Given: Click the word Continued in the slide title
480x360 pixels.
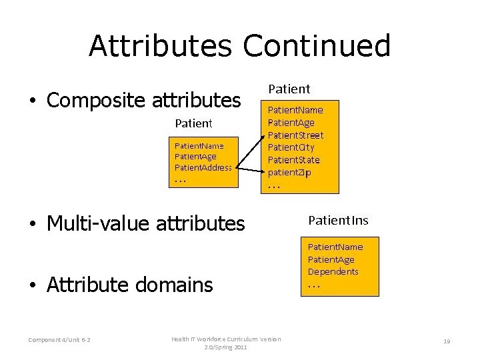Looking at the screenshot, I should [x=317, y=47].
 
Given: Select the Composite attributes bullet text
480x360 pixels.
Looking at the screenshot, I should [x=143, y=100].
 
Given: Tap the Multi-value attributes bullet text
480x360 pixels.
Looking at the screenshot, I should [x=145, y=223].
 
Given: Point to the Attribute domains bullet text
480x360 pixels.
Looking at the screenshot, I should [x=129, y=285].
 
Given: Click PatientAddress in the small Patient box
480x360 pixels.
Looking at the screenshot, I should [x=203, y=167].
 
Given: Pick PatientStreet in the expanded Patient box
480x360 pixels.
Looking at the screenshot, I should [x=295, y=135].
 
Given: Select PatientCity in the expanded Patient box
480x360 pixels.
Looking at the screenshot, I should [x=291, y=147].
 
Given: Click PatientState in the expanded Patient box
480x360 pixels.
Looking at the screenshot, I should [x=293, y=160].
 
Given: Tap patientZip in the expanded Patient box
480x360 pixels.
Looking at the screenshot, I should [x=289, y=172].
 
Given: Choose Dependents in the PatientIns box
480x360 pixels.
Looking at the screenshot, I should [x=333, y=271].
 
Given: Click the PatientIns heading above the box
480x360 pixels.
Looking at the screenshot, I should [x=338, y=221].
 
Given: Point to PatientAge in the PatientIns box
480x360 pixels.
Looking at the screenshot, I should [x=331, y=259].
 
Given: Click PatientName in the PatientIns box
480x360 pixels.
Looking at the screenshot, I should [x=335, y=247].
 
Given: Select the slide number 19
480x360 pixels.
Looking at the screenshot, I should [x=447, y=341].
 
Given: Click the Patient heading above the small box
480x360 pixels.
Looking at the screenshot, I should [x=193, y=123].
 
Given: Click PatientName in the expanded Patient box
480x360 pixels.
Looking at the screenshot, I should [x=295, y=110].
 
